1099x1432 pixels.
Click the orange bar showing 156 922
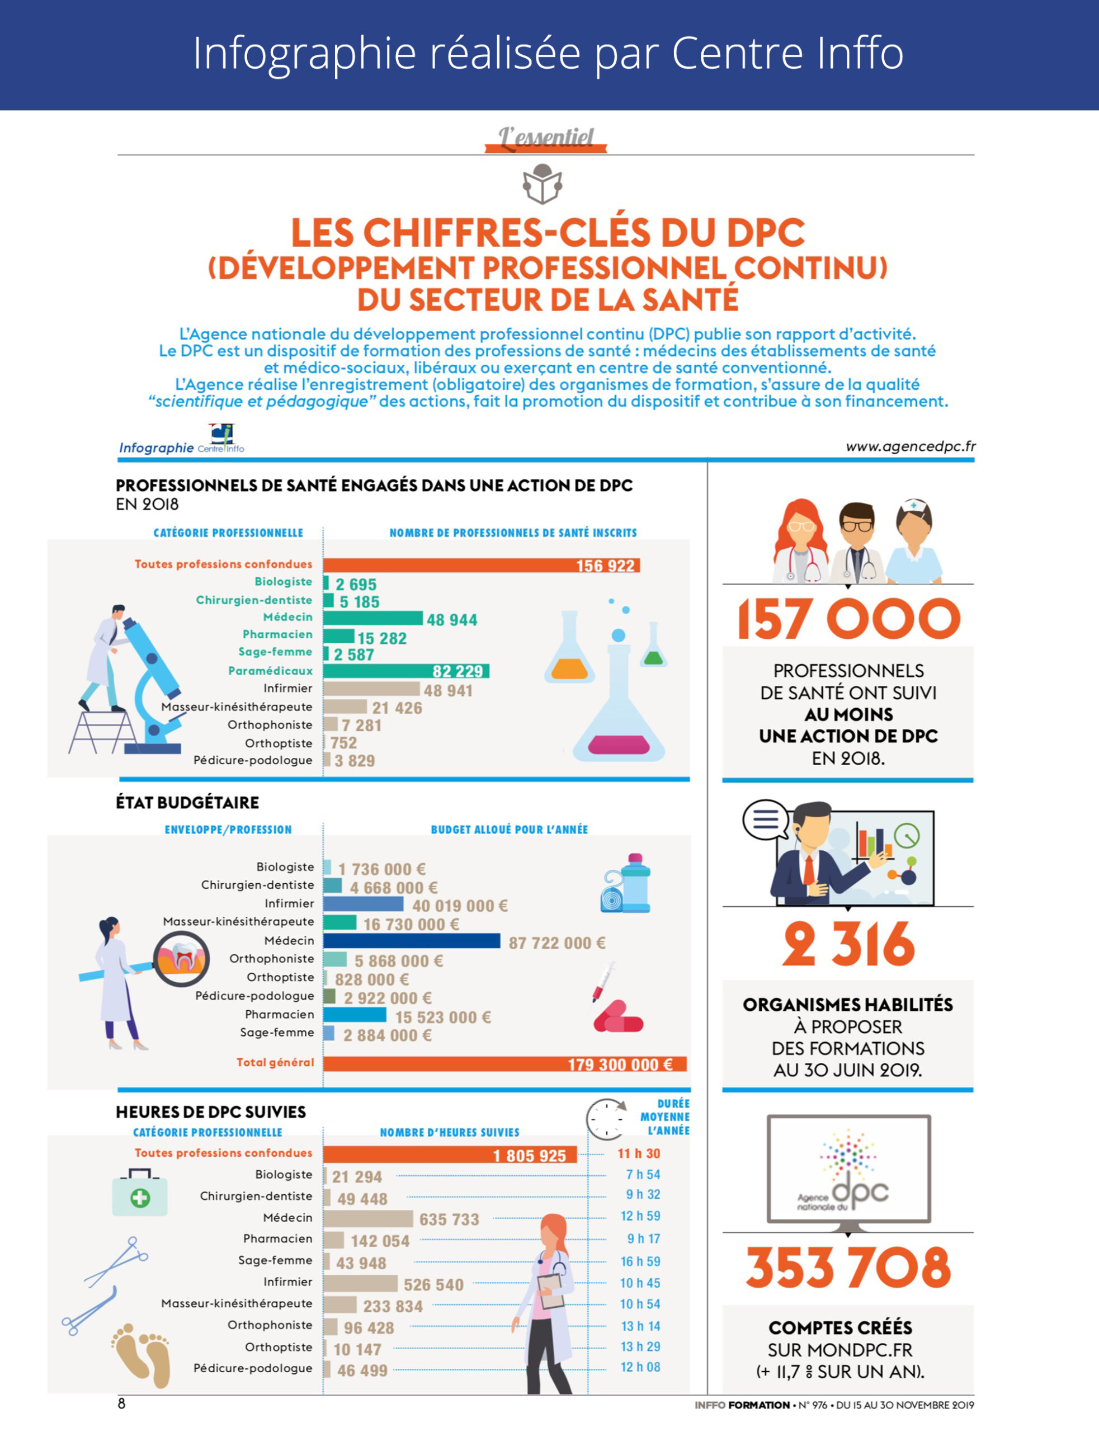pos(481,565)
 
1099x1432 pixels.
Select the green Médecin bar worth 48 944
pos(373,618)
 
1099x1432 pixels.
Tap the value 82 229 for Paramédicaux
pos(457,671)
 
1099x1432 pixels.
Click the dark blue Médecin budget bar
pos(412,941)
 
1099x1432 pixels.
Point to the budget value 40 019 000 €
pos(460,906)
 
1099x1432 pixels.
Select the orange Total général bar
pos(504,1064)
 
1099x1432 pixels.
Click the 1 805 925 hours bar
pos(450,1155)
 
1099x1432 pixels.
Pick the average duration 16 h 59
pos(640,1261)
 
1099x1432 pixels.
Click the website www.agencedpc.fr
pos(910,447)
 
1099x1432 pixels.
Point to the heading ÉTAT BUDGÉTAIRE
pos(187,803)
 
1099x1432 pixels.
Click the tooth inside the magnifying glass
pos(182,959)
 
